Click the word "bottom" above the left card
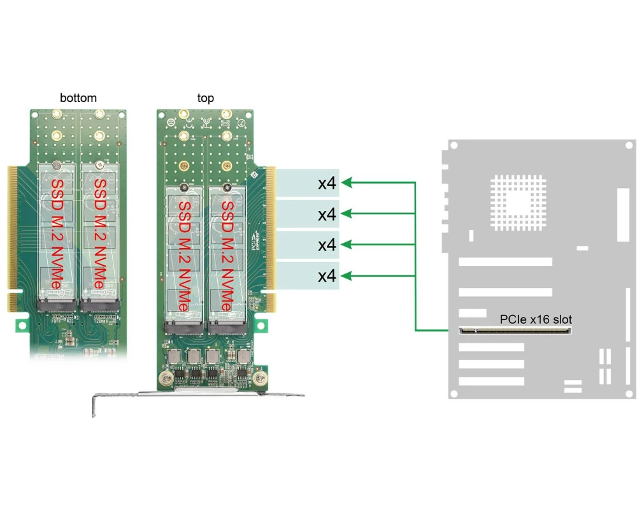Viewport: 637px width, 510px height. [x=78, y=98]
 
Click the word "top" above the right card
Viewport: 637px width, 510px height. [x=205, y=98]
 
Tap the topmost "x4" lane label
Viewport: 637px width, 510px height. [x=327, y=184]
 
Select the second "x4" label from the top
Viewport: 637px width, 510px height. [x=327, y=215]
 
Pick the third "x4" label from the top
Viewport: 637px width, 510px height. [x=327, y=245]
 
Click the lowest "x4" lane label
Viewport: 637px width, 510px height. [x=327, y=276]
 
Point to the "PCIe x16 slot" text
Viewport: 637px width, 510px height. [x=536, y=319]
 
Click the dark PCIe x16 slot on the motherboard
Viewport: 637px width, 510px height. [x=515, y=330]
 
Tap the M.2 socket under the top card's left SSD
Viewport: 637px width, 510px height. [x=185, y=328]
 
